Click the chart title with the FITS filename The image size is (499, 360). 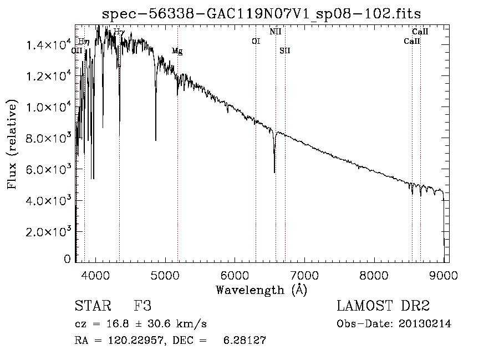(266, 13)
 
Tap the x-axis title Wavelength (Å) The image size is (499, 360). (261, 290)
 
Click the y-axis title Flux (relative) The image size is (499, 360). (12, 144)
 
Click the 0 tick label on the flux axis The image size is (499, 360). (67, 259)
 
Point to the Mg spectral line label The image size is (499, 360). (177, 51)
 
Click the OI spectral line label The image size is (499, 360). (256, 41)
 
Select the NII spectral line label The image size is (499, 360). (276, 32)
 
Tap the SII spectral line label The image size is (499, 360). (285, 50)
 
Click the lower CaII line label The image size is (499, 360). (412, 41)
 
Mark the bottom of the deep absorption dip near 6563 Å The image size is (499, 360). (274, 172)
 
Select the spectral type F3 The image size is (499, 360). (142, 307)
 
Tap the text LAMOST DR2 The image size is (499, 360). (383, 307)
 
